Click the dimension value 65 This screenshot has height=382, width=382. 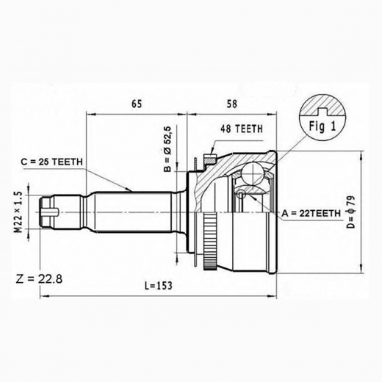coord(137,104)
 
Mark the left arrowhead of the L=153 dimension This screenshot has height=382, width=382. coord(43,295)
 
